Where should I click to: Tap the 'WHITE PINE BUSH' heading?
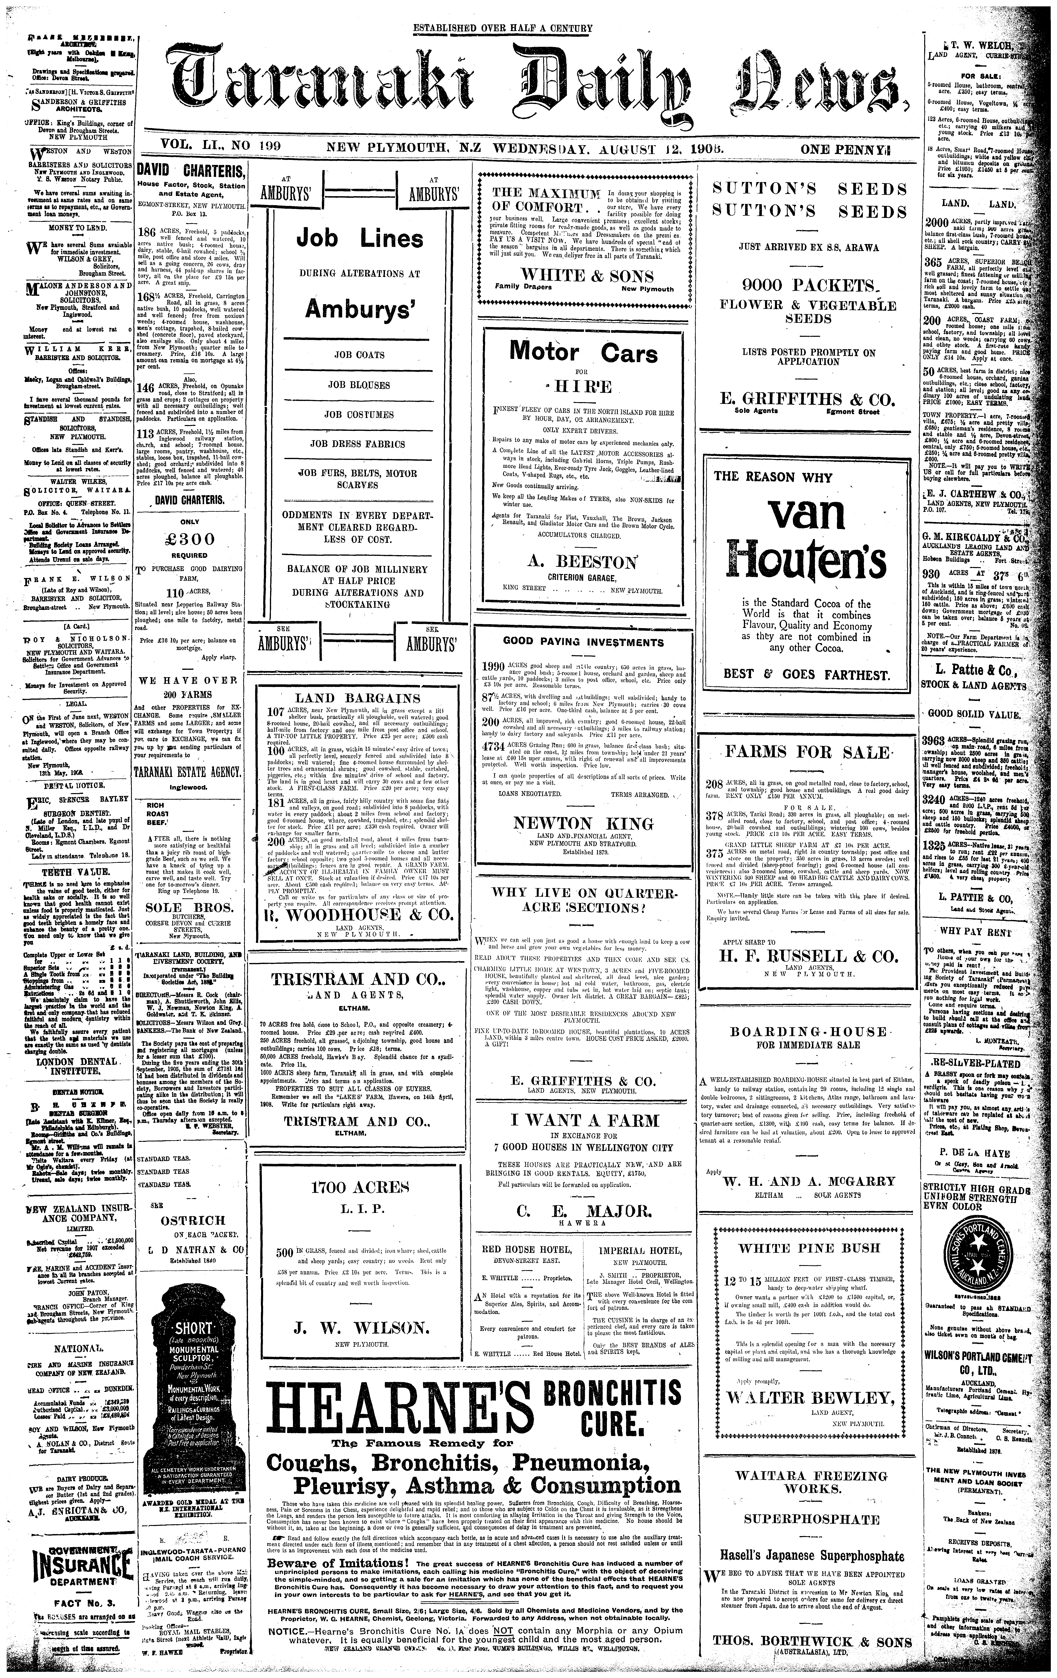point(809,1247)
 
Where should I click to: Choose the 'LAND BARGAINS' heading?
point(359,697)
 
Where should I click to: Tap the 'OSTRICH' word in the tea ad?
point(193,1220)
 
